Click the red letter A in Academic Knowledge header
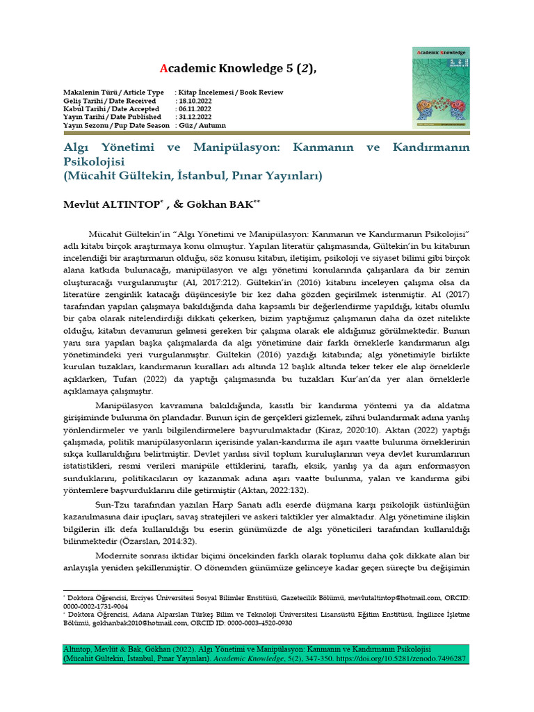(x=163, y=67)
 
